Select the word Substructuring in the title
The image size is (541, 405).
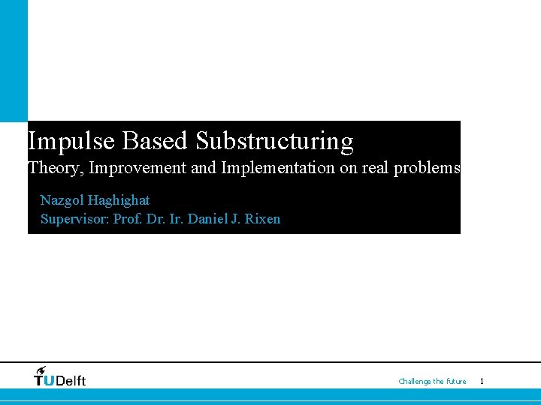(x=274, y=141)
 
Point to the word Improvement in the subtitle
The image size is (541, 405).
(x=138, y=168)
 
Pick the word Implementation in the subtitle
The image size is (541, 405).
(x=278, y=168)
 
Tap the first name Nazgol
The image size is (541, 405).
(x=62, y=201)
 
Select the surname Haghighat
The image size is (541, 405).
(x=119, y=201)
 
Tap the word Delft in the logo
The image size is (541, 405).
(x=71, y=381)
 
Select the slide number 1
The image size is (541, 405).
(x=482, y=382)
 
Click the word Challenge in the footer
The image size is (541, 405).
(x=414, y=382)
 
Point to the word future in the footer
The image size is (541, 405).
(x=456, y=382)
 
